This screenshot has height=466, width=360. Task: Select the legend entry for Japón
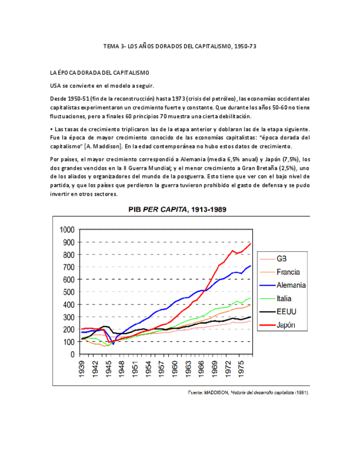click(285, 325)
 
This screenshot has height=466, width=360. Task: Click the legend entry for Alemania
click(291, 285)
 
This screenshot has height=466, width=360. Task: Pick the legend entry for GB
click(281, 258)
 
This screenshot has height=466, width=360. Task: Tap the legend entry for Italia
click(285, 298)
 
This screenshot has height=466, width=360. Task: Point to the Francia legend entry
click(288, 272)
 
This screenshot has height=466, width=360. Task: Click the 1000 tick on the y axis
click(66, 230)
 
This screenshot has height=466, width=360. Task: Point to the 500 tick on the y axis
click(68, 292)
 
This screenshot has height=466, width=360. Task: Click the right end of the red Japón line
click(251, 243)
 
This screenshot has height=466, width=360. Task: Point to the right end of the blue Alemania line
click(251, 266)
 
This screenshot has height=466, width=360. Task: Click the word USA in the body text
click(56, 85)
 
